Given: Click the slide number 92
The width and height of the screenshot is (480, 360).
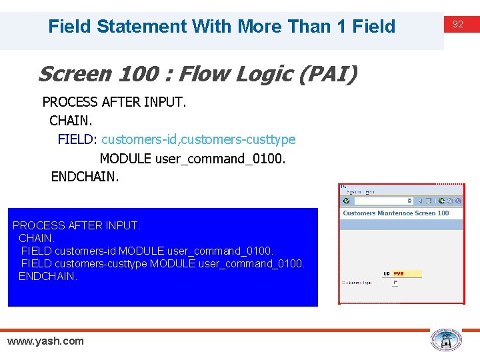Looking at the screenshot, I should [458, 25].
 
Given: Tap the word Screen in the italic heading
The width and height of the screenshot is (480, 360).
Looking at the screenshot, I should [65, 74].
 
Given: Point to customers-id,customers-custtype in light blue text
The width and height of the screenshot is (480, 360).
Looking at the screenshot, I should [199, 140].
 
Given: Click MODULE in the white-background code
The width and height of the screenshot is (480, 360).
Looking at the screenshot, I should [125, 159].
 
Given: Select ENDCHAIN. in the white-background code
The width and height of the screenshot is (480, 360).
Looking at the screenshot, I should [85, 177].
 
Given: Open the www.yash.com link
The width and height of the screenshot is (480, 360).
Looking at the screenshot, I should [45, 341].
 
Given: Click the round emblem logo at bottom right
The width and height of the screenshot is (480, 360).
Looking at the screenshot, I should [445, 341].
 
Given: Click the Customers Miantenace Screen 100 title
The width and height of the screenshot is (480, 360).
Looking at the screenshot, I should [396, 213].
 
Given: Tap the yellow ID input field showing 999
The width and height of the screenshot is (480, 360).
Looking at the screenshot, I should [407, 273].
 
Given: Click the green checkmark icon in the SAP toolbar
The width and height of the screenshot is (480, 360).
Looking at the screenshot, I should [346, 201].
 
